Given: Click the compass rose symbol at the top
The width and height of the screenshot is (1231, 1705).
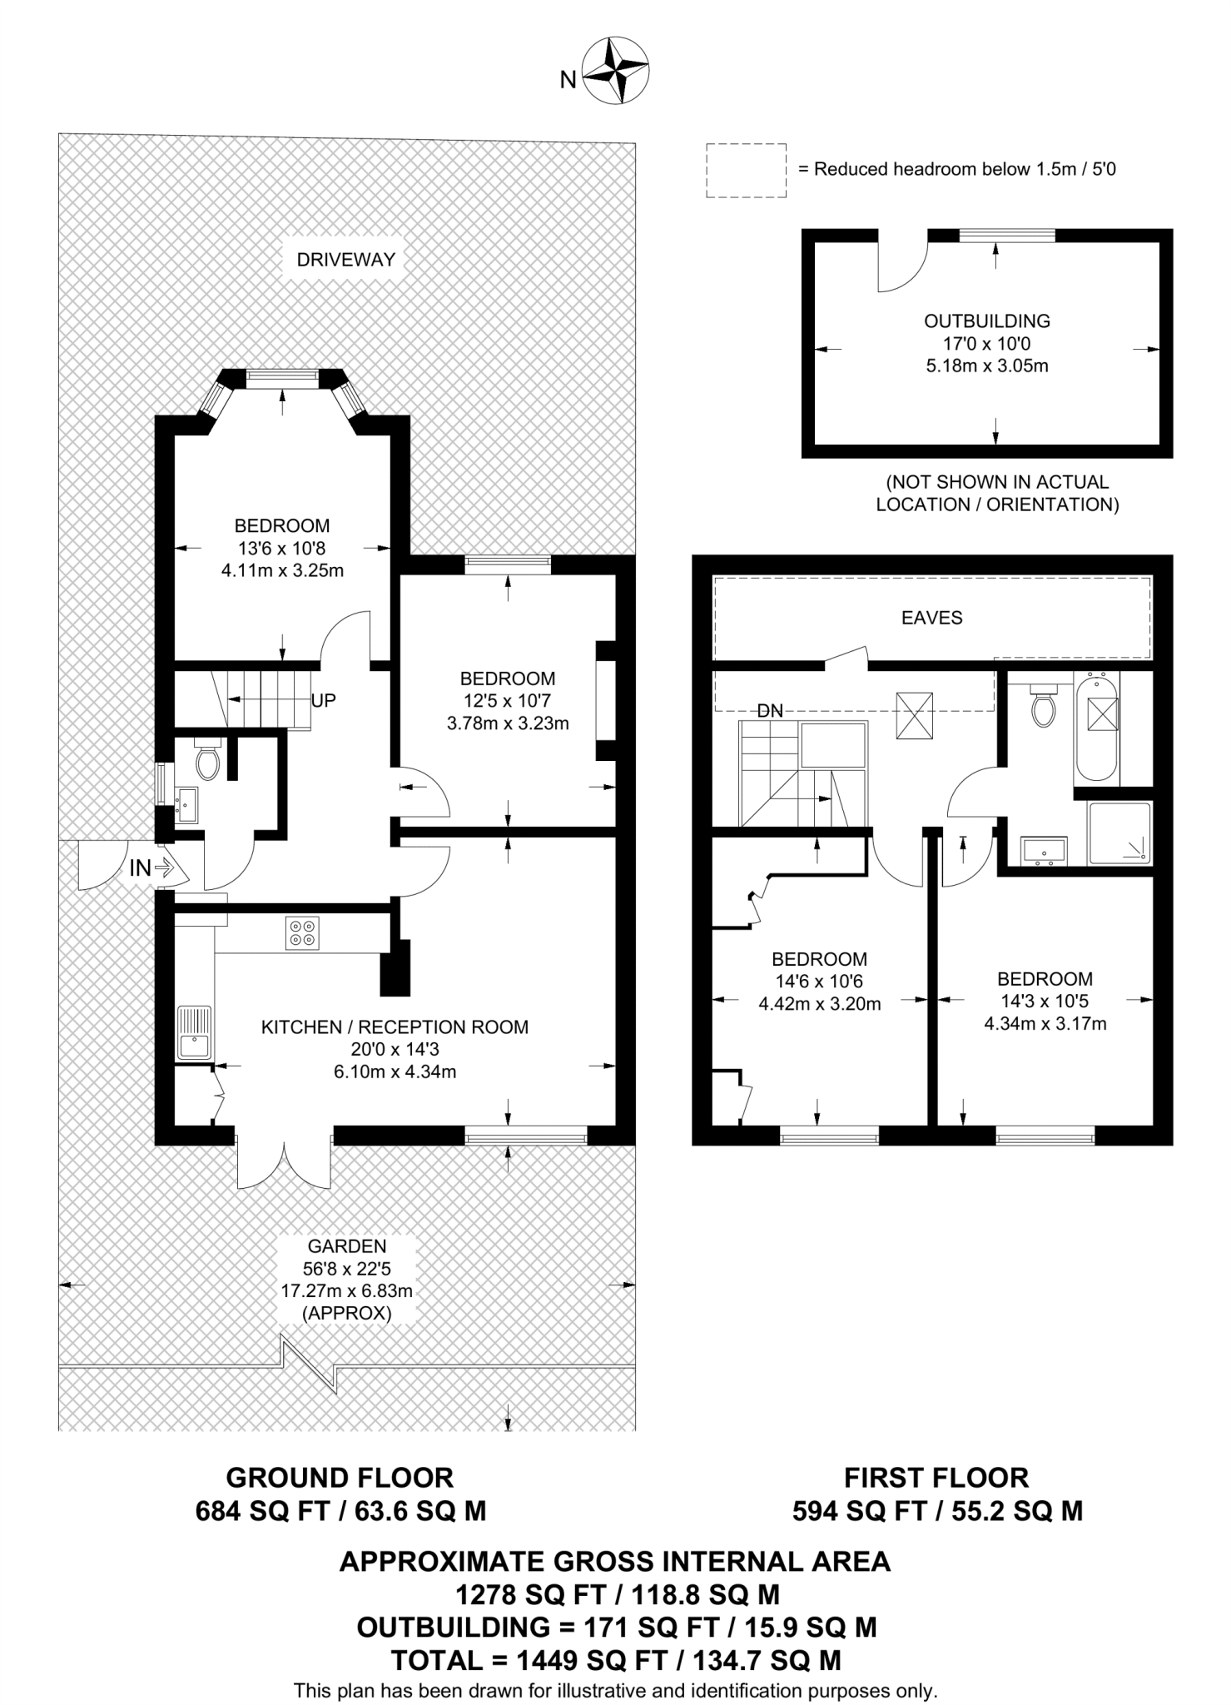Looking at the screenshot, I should click(615, 71).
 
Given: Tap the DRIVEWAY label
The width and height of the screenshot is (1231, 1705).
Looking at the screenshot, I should click(345, 260).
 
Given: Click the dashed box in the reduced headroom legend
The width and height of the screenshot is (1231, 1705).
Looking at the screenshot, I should click(746, 171).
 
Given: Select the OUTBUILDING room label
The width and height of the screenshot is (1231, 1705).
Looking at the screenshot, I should click(987, 321).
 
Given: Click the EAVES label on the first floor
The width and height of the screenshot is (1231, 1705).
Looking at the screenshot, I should click(931, 618).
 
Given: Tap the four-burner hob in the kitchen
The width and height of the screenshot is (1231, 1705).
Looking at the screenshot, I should click(301, 932).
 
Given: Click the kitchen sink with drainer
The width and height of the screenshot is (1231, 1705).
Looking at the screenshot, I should click(194, 1033).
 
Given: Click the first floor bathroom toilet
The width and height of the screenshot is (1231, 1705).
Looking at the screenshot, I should click(1043, 708).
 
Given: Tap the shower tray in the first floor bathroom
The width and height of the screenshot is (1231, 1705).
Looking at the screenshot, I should click(1119, 833).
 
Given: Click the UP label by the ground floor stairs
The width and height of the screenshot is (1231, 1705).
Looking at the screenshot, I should click(323, 701).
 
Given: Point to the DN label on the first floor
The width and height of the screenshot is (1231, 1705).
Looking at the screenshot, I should click(770, 711).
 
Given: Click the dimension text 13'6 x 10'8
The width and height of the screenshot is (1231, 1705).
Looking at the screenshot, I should click(281, 549).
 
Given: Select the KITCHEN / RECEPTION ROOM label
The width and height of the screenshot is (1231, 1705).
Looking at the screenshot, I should click(395, 1027).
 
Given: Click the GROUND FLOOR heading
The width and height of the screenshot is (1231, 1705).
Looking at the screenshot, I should click(340, 1478).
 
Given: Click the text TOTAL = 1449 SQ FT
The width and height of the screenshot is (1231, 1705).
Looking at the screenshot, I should click(531, 1661).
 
